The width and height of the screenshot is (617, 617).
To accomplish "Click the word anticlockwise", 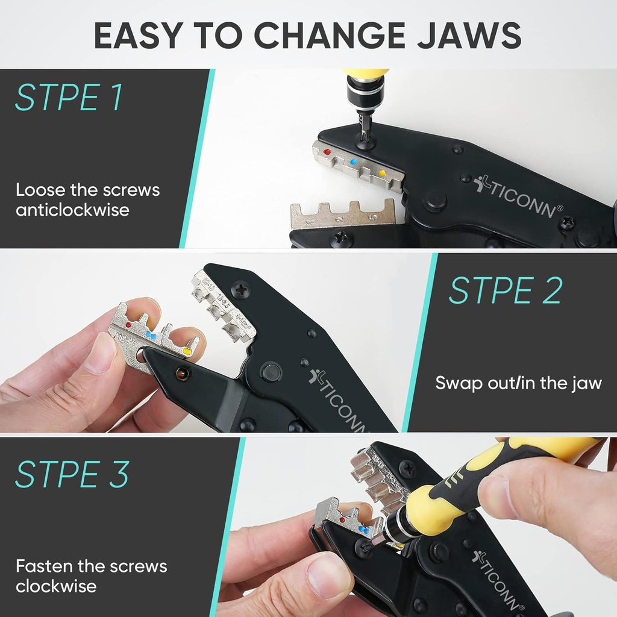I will point(72,210).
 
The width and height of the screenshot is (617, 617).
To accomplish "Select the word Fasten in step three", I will point(45,566).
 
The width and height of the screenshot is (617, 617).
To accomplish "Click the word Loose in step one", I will point(40,190).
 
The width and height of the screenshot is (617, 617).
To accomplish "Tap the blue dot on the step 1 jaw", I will point(354,163).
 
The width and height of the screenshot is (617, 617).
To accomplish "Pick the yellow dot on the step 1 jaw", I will point(381,174).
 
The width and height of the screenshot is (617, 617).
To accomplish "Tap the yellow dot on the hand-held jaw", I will point(187,349).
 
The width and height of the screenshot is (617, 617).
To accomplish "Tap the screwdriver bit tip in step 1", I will point(365,136).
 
